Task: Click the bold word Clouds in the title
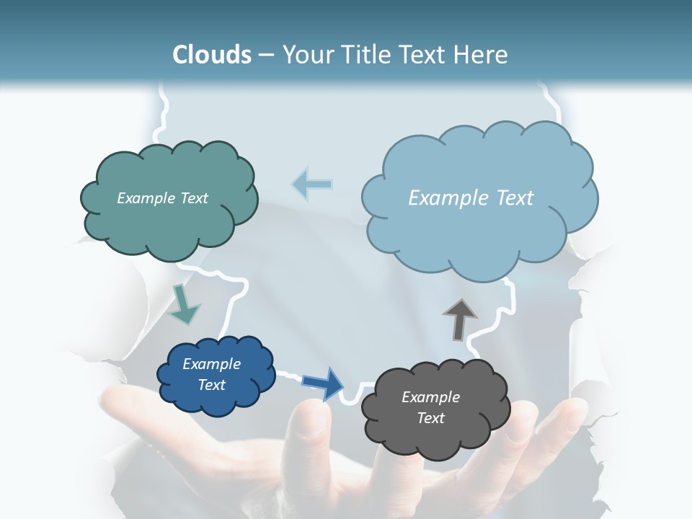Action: click(211, 55)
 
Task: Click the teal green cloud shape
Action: click(169, 223)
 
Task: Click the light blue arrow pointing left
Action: click(311, 184)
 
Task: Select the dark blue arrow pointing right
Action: click(323, 383)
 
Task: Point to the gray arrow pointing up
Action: click(459, 318)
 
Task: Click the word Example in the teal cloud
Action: click(145, 198)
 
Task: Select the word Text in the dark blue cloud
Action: click(212, 385)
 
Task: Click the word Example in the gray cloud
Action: click(430, 397)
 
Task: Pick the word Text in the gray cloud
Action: click(430, 418)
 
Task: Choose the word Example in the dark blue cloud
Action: click(212, 364)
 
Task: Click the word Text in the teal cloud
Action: click(192, 198)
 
